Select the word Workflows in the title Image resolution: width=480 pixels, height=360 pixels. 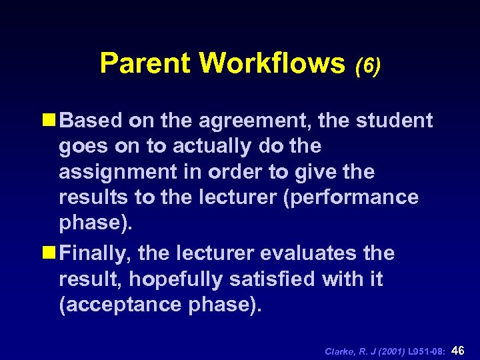point(271,63)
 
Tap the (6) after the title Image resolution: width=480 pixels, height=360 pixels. point(368,65)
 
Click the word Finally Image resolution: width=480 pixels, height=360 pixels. point(93,254)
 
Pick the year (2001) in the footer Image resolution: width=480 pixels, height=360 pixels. point(387,350)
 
